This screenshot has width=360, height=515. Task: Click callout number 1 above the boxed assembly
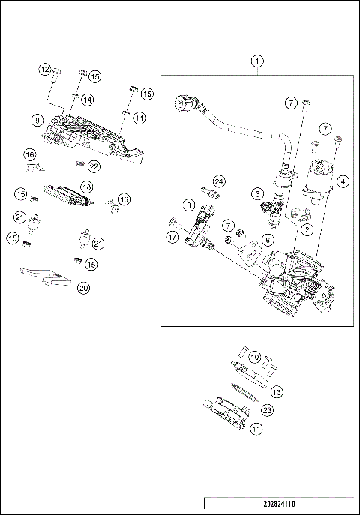[257, 61]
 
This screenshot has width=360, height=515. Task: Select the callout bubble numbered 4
[343, 181]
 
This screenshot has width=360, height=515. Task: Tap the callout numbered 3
[258, 194]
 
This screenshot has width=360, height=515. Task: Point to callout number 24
[219, 181]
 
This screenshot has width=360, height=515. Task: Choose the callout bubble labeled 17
[172, 237]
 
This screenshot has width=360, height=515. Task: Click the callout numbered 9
[37, 121]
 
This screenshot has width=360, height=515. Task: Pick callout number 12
[45, 69]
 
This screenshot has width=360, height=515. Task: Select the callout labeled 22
[94, 166]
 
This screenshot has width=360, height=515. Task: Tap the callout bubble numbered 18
[87, 187]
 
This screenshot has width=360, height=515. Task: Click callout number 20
[83, 288]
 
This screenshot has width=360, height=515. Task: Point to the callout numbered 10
[255, 357]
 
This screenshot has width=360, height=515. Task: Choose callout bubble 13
[277, 392]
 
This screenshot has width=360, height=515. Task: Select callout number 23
[267, 410]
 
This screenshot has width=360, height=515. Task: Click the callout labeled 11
[256, 429]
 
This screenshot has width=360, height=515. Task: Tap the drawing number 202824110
[279, 504]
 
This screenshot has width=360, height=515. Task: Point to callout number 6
[268, 241]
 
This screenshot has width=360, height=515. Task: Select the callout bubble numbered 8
[188, 205]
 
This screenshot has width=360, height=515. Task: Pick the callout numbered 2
[307, 229]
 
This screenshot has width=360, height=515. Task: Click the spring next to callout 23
[245, 393]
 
